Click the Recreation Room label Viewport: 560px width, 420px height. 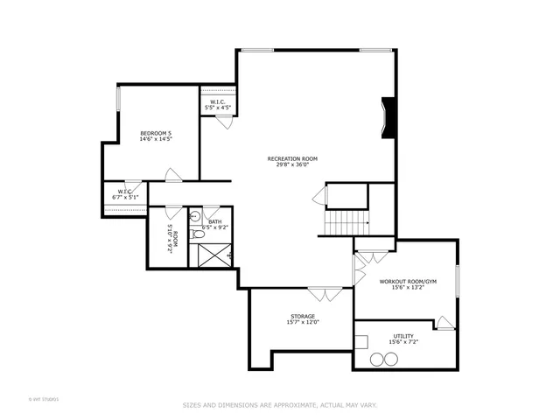(292, 159)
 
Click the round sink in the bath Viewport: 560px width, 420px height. (195, 215)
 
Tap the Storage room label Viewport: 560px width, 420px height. (303, 316)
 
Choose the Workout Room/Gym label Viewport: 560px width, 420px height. (407, 282)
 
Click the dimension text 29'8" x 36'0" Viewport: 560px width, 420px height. (292, 164)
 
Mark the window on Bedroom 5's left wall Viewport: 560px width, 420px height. (117, 98)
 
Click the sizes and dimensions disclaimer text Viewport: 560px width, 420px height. (279, 405)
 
